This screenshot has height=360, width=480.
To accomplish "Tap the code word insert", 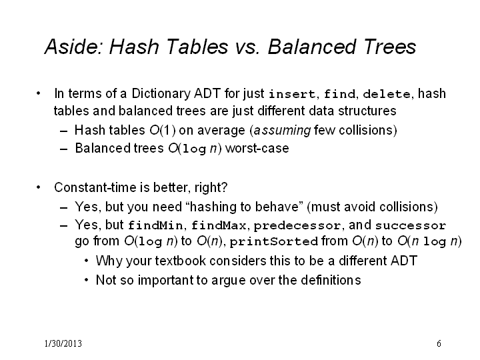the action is click(x=292, y=94).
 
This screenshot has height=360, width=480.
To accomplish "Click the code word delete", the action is click(x=386, y=94).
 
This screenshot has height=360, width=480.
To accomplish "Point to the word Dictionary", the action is click(x=161, y=94).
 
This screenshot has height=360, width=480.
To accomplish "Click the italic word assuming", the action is click(x=282, y=131).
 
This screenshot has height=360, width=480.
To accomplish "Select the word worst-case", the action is click(x=257, y=149).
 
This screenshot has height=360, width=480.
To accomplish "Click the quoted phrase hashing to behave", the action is click(x=244, y=207).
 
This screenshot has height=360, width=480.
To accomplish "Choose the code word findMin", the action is click(x=155, y=225).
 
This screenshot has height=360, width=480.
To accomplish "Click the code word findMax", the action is click(x=219, y=225).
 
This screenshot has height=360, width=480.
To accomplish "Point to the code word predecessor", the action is click(x=297, y=226).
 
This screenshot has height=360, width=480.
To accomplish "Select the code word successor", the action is click(x=411, y=226).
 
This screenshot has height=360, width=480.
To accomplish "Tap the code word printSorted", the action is click(x=274, y=242).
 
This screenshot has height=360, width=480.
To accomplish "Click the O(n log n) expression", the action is click(x=429, y=241).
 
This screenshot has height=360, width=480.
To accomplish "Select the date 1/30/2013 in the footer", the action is click(x=63, y=343).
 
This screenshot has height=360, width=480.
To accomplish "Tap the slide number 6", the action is click(x=439, y=343).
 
